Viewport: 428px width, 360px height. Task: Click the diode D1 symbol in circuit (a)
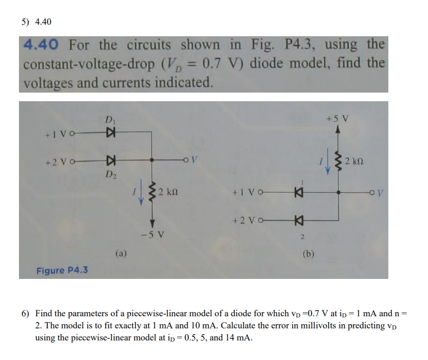coord(109,133)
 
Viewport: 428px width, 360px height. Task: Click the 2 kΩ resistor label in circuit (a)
coord(171,190)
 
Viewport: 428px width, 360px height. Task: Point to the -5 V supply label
coord(153,235)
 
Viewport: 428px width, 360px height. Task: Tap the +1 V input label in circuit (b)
coord(246,193)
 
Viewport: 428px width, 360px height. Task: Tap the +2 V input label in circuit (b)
coord(246,220)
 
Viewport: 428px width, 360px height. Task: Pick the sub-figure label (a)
coord(121,252)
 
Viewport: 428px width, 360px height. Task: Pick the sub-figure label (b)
coord(308,252)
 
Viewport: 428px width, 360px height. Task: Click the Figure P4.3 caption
coord(62,270)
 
